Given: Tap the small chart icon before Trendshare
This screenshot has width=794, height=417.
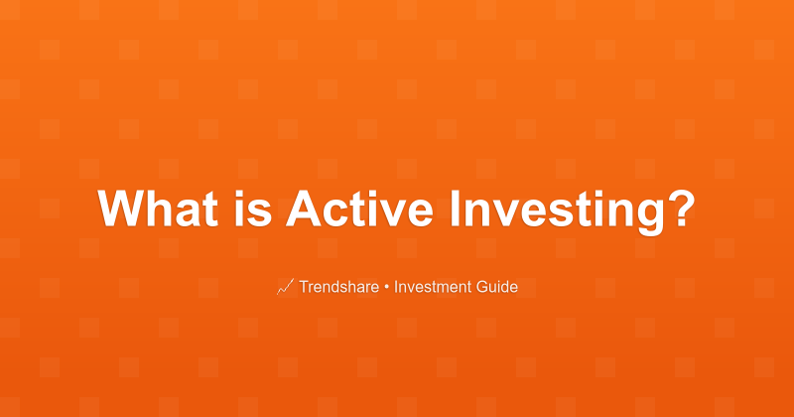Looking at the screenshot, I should point(284,288).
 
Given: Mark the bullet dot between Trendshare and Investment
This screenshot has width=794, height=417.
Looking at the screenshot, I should point(387,288).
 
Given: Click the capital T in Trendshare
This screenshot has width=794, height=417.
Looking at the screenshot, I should point(304,288).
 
